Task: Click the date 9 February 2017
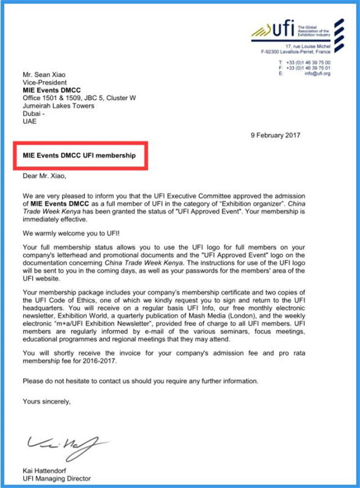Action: point(276,135)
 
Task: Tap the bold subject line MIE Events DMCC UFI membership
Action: point(79,155)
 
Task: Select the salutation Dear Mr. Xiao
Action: point(44,176)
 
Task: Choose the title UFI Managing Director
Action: point(56,478)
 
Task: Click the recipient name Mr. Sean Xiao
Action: point(45,73)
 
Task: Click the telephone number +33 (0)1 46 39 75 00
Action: point(316,62)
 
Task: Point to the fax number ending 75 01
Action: point(316,68)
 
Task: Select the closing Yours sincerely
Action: point(47,401)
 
